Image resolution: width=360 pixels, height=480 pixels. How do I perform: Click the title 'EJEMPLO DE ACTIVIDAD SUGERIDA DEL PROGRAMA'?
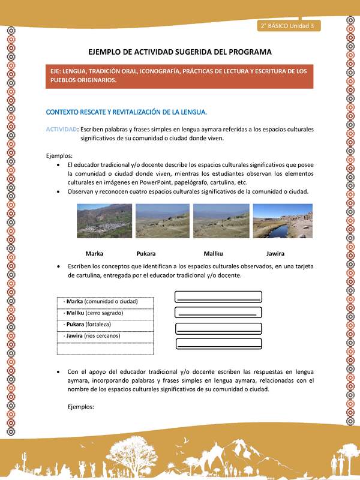pos(179,52)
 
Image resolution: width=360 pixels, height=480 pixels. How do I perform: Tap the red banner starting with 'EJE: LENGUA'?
pos(180,76)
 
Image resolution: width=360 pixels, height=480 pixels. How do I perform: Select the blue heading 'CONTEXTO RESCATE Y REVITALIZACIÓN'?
pos(127,112)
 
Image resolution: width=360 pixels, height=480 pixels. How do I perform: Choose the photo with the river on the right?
pos(282,221)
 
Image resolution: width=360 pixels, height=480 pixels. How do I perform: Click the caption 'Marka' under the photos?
pos(94,253)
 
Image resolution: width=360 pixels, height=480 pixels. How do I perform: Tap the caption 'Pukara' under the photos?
pos(146,253)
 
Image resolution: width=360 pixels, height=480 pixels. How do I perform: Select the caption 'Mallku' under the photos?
pos(213,253)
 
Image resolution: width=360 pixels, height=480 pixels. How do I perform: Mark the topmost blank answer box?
pos(218,296)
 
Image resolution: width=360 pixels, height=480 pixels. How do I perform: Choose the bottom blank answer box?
pos(218,344)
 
